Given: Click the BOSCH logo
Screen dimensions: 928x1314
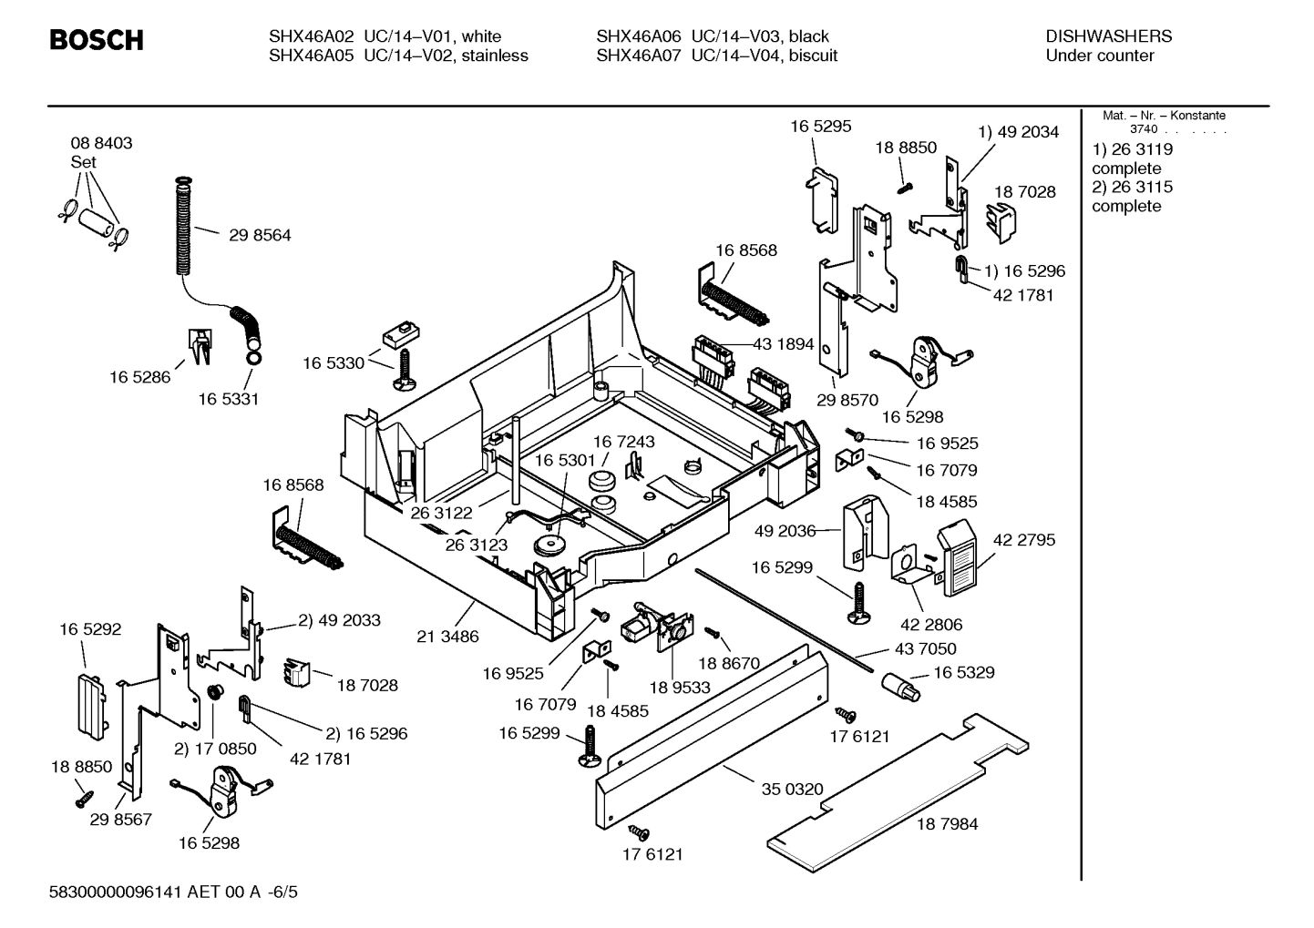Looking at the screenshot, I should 96,41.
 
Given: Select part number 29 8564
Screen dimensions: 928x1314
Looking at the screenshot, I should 260,235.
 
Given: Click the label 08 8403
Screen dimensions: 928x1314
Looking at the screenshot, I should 101,143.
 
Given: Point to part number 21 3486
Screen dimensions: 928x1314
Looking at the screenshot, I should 447,637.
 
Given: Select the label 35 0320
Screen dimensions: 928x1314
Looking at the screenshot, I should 792,790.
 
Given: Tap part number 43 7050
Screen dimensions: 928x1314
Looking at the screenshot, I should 925,648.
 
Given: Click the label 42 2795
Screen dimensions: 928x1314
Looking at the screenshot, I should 1023,540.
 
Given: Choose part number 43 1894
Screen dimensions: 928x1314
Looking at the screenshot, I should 783,344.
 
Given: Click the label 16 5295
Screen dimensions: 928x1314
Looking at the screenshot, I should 820,127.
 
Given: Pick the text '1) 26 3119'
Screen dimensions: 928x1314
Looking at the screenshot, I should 1132,149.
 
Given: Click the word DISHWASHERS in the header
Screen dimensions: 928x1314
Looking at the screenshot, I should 1108,36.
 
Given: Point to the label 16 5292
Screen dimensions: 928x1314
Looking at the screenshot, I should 90,629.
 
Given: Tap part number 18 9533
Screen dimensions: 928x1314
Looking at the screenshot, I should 680,688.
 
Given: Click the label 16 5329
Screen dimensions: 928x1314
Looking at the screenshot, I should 963,673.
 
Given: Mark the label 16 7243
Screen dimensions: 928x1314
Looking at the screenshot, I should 624,442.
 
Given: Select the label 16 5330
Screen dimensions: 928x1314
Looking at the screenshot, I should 334,363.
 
